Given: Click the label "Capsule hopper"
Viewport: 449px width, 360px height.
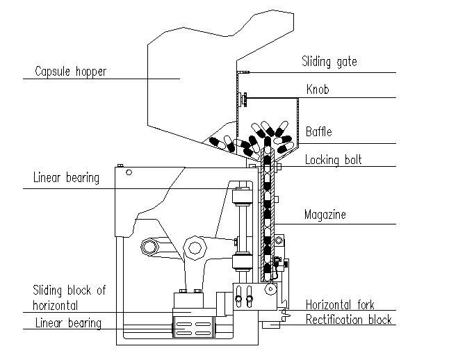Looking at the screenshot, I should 70,71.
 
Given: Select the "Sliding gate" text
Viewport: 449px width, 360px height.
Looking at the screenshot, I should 329,62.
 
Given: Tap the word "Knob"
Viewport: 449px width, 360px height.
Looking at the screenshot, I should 317,90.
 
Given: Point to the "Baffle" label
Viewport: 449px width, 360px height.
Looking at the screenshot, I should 319,132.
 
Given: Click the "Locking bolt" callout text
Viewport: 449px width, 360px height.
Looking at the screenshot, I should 333,160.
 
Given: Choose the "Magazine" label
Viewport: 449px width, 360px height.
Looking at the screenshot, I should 325,215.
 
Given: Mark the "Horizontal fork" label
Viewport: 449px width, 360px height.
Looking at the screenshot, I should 340,304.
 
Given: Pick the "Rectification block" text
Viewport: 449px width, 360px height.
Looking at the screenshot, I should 349,320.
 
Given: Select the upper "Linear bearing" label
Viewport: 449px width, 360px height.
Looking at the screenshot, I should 66,178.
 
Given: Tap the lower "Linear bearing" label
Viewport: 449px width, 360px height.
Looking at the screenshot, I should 67,323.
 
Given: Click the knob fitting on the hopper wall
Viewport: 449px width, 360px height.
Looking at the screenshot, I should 241,101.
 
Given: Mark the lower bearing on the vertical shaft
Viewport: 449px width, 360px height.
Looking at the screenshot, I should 243,263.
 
